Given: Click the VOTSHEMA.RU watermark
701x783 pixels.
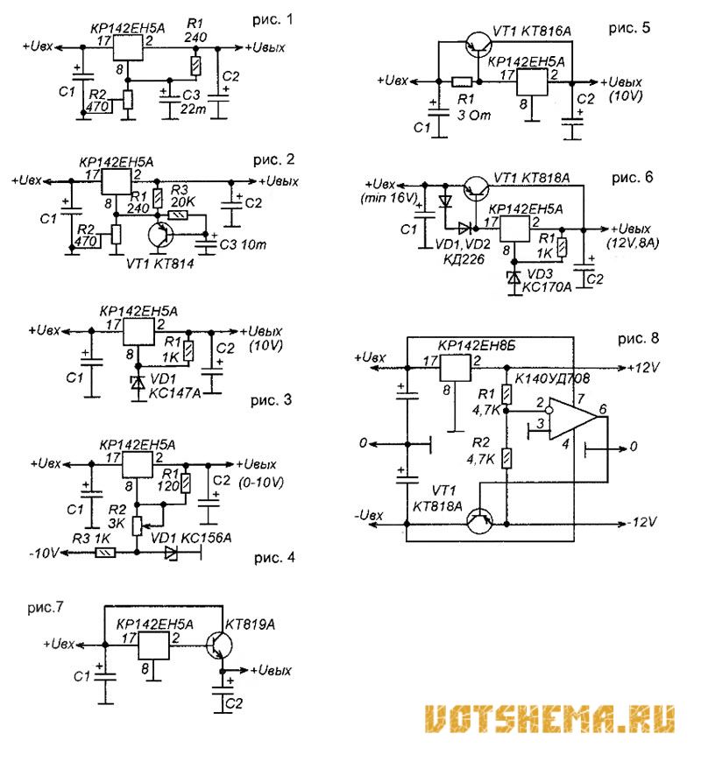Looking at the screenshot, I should point(550,718).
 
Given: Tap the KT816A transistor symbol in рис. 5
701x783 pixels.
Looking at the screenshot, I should point(478,46).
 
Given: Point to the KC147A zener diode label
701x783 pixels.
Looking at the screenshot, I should point(174,393).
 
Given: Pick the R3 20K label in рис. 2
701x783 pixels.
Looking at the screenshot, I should point(186,196).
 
